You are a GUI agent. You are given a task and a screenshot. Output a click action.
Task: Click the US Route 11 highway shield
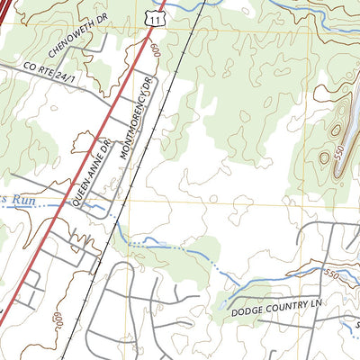pyautogui.click(x=158, y=18)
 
